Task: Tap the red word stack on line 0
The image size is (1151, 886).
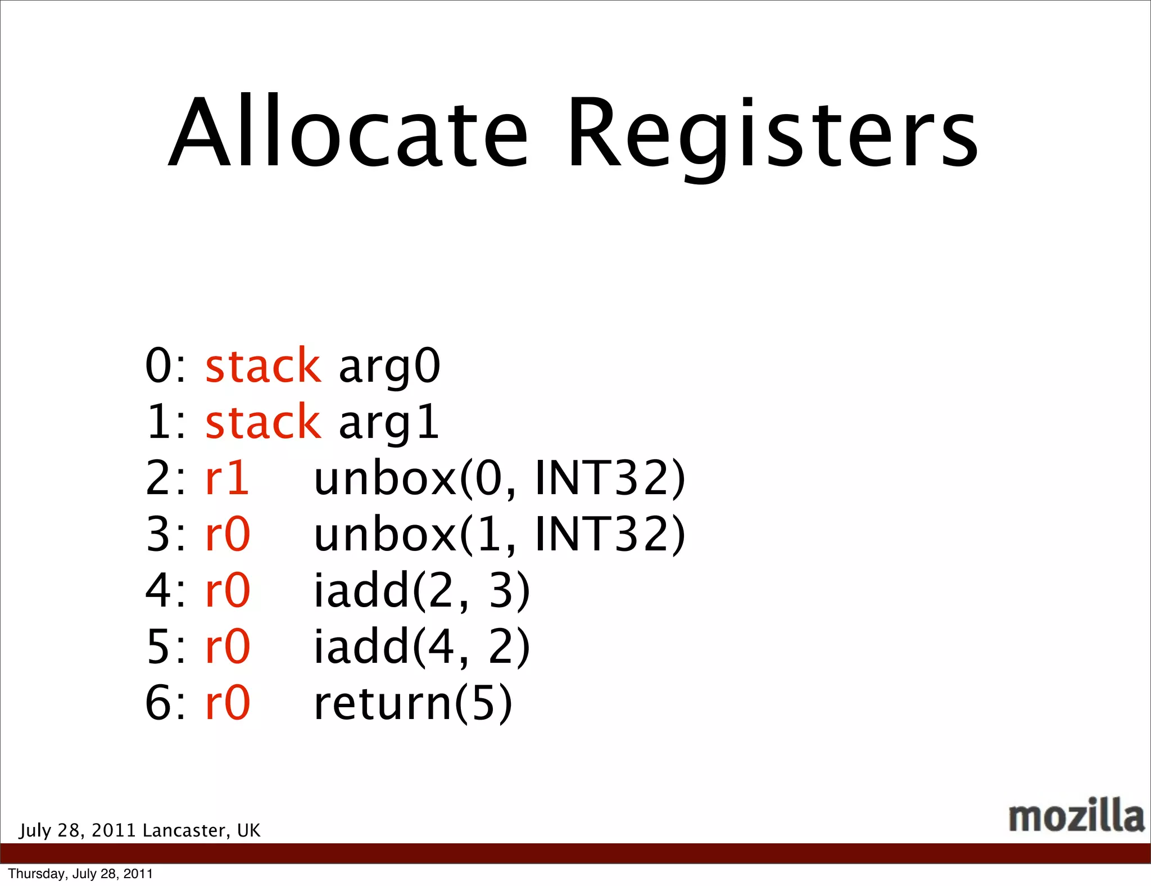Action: click(263, 366)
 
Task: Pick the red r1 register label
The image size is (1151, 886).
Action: click(227, 478)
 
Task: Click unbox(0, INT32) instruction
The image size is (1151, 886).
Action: click(499, 478)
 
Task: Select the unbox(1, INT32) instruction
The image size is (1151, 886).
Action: click(499, 534)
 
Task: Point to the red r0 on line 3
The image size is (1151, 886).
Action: click(228, 534)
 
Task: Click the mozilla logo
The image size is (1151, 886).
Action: click(1076, 815)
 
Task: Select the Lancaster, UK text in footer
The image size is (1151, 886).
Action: click(201, 830)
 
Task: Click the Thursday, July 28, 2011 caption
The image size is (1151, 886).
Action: click(80, 874)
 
